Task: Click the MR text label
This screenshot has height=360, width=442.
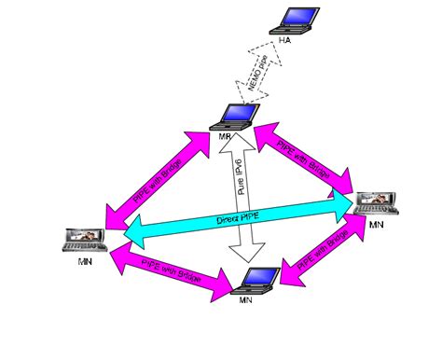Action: [x=225, y=137]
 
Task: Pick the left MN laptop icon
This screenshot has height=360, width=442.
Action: [x=82, y=239]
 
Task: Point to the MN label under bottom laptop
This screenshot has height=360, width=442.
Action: [x=244, y=300]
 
